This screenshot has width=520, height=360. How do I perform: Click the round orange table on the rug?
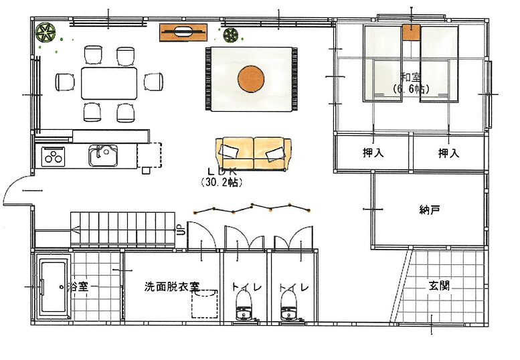coord(251,79)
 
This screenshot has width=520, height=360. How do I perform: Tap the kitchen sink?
coord(103,155)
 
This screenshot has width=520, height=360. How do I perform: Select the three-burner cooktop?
coord(53,156)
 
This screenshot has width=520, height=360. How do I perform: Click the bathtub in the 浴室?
coord(54,287)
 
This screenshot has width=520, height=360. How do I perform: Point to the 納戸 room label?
coord(430,210)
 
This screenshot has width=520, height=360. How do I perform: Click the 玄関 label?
coord(440,286)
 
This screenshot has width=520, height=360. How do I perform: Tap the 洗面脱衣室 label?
coord(172,286)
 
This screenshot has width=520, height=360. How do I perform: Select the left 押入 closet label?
coord(373,153)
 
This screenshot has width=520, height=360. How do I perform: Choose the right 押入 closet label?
coord(448,153)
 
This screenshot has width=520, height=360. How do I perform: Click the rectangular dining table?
coord(109,83)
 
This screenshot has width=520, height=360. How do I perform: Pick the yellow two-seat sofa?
coord(254,154)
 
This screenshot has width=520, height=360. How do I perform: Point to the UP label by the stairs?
coord(181,230)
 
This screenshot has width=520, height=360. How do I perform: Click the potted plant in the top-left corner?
coord(45,33)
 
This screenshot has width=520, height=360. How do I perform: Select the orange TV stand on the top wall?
coord(183,33)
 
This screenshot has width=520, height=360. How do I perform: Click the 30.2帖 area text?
coord(222,182)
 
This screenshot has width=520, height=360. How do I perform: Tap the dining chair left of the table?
coord(65,82)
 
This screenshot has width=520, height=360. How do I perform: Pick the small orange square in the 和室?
coord(412,33)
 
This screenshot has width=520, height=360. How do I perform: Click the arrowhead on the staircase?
coord(75,230)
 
